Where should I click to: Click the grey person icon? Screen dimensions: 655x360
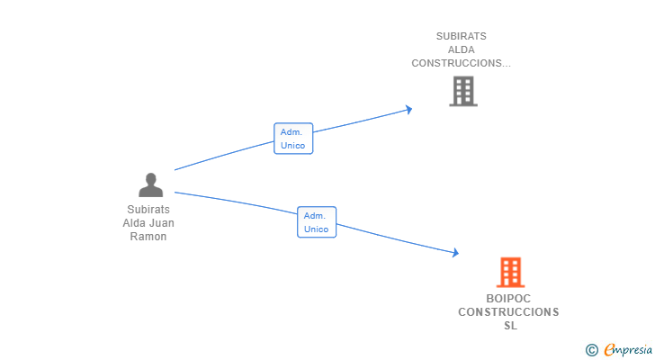point(150,184)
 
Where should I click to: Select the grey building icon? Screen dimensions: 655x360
point(463,91)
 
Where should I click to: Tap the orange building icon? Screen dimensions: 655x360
point(510,273)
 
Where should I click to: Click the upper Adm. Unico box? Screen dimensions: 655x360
point(293,139)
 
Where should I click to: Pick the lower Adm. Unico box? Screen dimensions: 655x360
point(317,222)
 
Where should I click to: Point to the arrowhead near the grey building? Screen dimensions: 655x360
point(409,110)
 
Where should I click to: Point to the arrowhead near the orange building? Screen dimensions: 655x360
point(455,252)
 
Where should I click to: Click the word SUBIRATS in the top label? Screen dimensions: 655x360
point(462,36)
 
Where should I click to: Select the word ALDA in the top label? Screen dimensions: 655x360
point(462,49)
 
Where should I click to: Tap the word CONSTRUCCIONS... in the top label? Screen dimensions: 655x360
point(462,63)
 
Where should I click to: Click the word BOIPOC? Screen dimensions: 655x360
point(508,299)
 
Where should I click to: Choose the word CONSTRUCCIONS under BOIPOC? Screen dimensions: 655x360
point(508,312)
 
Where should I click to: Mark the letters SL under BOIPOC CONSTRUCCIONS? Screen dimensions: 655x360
point(510,325)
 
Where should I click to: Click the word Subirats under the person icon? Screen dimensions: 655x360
point(148,209)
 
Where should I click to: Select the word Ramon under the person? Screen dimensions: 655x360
point(148,237)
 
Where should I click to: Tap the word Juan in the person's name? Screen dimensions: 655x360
point(163,223)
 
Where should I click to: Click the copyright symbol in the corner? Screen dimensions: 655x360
point(591,350)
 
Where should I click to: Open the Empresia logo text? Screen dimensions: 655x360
point(628,350)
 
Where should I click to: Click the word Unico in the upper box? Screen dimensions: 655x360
point(292,145)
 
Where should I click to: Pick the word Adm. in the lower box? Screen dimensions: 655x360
point(315,216)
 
